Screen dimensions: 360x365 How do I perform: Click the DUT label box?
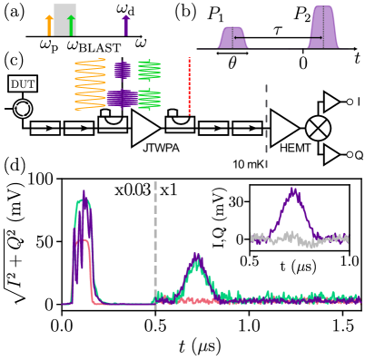pyautogui.click(x=23, y=83)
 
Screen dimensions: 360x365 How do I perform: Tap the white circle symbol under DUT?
pyautogui.click(x=23, y=109)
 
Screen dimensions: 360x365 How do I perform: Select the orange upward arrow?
pyautogui.click(x=50, y=25)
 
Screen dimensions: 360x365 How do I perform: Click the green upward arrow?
pyautogui.click(x=71, y=24)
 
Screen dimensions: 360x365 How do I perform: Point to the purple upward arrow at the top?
pyautogui.click(x=126, y=24)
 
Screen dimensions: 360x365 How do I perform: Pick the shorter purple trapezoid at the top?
pyautogui.click(x=233, y=37)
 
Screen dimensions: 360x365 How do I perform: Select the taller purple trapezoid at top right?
pyautogui.click(x=323, y=27)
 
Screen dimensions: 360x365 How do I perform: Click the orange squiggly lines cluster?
pyautogui.click(x=90, y=83)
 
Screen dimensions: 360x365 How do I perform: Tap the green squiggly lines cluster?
pyautogui.click(x=150, y=84)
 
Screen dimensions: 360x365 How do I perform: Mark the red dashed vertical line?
pyautogui.click(x=189, y=86)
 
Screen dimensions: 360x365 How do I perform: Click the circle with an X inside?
pyautogui.click(x=318, y=128)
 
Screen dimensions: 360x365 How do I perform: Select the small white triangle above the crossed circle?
pyautogui.click(x=330, y=102)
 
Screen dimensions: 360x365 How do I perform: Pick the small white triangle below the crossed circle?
pyautogui.click(x=330, y=155)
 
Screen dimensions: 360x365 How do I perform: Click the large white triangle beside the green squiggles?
pyautogui.click(x=144, y=128)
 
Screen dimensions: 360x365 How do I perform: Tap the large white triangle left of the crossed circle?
pyautogui.click(x=283, y=128)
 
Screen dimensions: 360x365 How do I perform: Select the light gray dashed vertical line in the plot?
pyautogui.click(x=155, y=245)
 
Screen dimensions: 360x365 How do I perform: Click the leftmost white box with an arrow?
pyautogui.click(x=45, y=128)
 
